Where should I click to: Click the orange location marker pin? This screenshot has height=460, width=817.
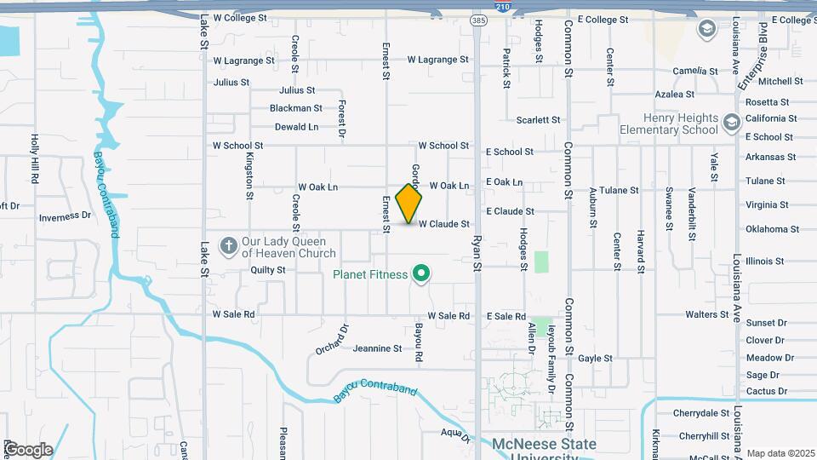coord(409,204)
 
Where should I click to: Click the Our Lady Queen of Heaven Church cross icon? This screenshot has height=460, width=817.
coord(228,247)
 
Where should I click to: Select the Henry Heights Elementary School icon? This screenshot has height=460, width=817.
coord(731,124)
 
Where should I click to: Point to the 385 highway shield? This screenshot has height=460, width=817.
coord(479,19)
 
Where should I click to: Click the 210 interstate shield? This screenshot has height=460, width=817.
coord(502,7)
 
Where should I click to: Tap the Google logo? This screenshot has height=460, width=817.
coord(27,449)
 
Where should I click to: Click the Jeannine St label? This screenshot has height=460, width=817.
coord(377,348)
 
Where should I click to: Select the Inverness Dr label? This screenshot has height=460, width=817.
coord(65,217)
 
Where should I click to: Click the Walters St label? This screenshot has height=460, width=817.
coord(706,315)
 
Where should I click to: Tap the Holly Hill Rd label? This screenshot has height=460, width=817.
coord(35,152)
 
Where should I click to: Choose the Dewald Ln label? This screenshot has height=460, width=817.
coord(296,127)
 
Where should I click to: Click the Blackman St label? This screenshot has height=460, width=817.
coord(295,108)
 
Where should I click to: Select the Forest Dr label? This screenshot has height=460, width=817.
coord(341,118)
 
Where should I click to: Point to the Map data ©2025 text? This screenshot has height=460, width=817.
coord(780,452)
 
